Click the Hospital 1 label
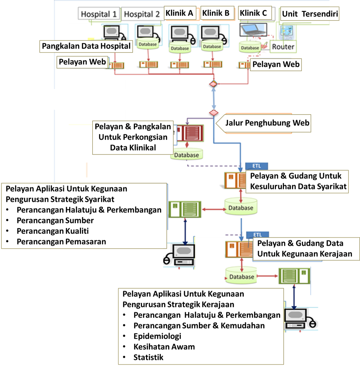98,14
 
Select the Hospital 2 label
142,14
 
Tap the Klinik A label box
179,13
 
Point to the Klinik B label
216,13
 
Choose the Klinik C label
253,13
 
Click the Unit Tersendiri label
310,14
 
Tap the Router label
283,47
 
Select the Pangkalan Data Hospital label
86,46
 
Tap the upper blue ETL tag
257,166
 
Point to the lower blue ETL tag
258,235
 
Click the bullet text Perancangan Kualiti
53,231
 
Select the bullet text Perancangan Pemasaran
61,242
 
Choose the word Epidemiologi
157,336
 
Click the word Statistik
148,357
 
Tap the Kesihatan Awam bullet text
164,347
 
